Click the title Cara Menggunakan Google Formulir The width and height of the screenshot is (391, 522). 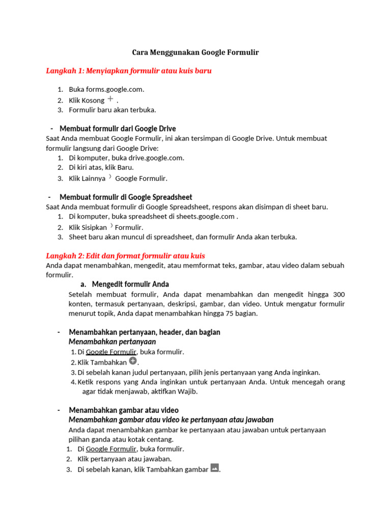pyautogui.click(x=195, y=53)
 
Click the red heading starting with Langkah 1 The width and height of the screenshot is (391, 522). pyautogui.click(x=128, y=71)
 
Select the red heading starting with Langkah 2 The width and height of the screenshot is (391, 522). pyautogui.click(x=125, y=255)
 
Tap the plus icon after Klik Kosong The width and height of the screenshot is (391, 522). pyautogui.click(x=110, y=99)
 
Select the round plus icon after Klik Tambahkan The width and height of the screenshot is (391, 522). pyautogui.click(x=133, y=361)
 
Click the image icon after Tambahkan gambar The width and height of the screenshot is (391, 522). pyautogui.click(x=215, y=467)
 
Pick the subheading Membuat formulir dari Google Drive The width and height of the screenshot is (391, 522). pyautogui.click(x=118, y=128)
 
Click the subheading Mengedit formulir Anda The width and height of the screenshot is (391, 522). pyautogui.click(x=130, y=284)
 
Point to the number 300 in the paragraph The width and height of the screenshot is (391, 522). pyautogui.click(x=339, y=295)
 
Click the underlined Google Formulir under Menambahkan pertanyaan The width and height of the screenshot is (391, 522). pyautogui.click(x=111, y=352)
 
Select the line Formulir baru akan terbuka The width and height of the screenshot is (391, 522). pyautogui.click(x=113, y=110)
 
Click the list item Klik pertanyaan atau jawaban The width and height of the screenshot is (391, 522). pyautogui.click(x=117, y=459)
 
